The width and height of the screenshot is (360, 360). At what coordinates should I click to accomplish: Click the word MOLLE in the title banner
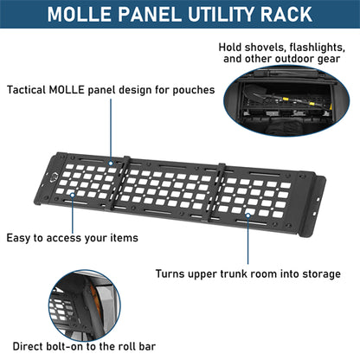(80, 14)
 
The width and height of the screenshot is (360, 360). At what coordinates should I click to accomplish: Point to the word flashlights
(318, 48)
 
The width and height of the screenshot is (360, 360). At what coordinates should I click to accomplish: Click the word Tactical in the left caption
(27, 90)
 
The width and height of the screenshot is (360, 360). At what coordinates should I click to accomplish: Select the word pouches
(194, 90)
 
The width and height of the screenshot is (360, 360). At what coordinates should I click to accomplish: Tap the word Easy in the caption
(18, 238)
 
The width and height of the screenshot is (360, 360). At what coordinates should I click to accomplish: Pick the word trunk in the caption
(235, 273)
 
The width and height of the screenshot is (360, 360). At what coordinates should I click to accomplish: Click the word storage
(321, 274)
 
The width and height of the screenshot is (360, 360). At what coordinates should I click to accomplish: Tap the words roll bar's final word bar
(147, 346)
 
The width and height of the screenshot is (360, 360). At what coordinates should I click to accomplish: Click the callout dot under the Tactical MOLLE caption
(111, 164)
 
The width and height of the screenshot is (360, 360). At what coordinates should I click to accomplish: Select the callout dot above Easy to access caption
(73, 195)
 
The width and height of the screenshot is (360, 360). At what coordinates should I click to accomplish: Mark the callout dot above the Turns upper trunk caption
(248, 215)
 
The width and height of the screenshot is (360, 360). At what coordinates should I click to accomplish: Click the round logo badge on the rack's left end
(55, 178)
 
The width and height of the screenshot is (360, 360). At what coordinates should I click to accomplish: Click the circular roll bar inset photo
(84, 305)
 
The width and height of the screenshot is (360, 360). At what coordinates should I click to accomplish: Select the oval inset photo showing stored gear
(286, 100)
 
